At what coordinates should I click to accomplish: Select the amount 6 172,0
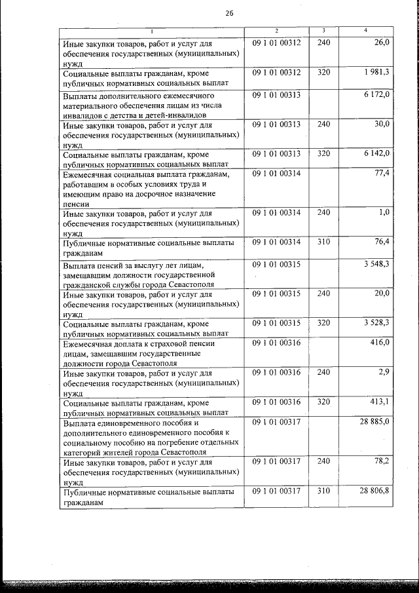tap(376, 95)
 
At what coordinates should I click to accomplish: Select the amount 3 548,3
tap(376, 264)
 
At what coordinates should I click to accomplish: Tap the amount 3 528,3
tap(376, 322)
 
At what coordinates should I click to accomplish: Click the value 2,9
tap(384, 372)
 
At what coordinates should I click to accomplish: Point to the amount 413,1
tap(379, 401)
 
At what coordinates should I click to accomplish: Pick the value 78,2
tap(382, 461)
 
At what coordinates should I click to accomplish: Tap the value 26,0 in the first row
tap(382, 43)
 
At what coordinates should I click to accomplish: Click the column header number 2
tap(277, 31)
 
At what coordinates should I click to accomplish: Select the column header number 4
tap(365, 31)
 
